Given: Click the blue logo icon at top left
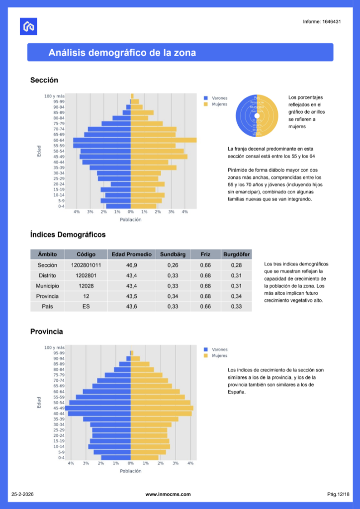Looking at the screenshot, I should [28, 26].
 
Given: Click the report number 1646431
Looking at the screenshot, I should [322, 22].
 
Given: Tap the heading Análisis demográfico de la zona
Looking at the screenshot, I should [122, 53].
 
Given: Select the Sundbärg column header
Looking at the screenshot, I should [173, 254].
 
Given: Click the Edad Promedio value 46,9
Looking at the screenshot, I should [131, 265].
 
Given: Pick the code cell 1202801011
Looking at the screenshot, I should [86, 265].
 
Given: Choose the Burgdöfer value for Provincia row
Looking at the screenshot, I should [236, 296].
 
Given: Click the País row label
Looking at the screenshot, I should [47, 307].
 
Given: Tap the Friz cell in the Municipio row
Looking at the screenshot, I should [205, 286].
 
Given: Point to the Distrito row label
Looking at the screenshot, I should [47, 275].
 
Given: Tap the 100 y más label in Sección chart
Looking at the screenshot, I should [54, 96].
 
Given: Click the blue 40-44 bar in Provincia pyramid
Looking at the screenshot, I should [99, 414].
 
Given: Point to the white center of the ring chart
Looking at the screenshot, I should [257, 116].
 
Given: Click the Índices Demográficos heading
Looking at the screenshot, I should [68, 235].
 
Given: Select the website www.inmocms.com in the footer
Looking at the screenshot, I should [168, 494].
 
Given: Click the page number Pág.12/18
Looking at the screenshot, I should [338, 494].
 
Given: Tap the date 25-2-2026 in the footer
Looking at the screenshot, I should [22, 494].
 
